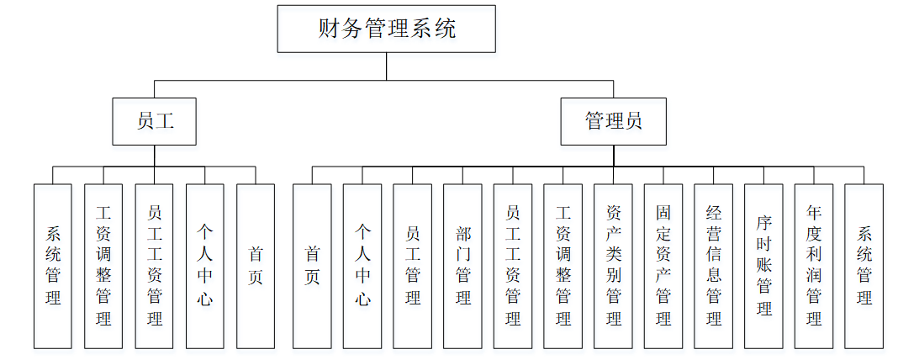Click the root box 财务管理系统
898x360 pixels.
[387, 29]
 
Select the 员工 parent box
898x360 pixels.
[155, 121]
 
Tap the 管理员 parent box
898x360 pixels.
[614, 121]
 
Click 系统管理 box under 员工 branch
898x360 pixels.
[53, 266]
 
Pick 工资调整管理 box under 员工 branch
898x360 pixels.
[103, 266]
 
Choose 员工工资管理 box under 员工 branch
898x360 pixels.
[154, 266]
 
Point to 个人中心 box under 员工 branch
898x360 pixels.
[204, 266]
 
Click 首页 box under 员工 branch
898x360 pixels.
[256, 266]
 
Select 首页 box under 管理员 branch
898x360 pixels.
[312, 266]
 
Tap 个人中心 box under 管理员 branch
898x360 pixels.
[362, 266]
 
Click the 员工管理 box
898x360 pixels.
[412, 266]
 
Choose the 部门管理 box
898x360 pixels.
[462, 266]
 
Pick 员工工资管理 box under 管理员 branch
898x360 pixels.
[513, 266]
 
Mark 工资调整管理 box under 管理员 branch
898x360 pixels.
[563, 266]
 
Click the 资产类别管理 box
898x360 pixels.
[613, 266]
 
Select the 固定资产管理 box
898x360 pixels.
[663, 266]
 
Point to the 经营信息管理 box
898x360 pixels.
[714, 266]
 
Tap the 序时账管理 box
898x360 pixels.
[763, 266]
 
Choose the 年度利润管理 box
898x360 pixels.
[814, 266]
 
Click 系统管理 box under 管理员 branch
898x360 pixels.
[864, 266]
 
